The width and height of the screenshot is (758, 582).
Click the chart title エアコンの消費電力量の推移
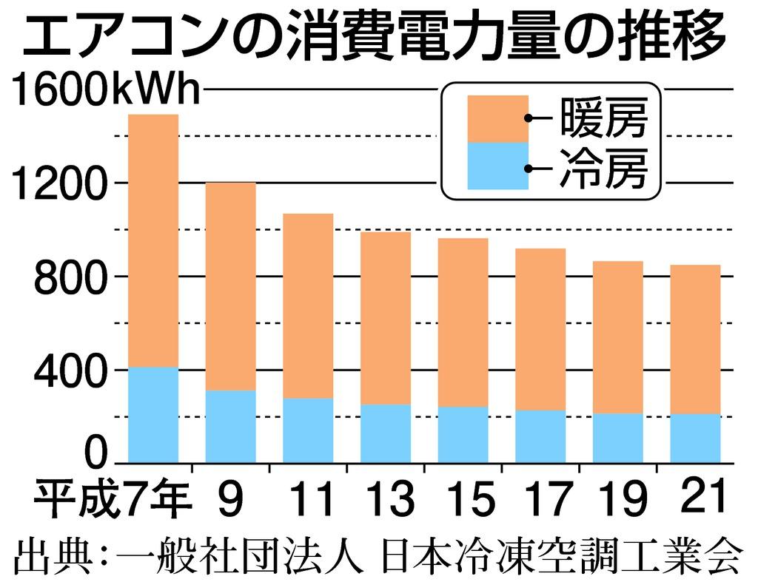tap(373, 37)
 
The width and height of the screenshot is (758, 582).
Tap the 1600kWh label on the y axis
tap(105, 91)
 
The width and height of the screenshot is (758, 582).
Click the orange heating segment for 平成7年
tap(153, 240)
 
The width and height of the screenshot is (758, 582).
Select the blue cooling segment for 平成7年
tap(153, 415)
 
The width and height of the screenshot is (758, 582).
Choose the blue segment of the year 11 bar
tap(308, 430)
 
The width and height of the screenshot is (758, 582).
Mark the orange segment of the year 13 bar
tap(386, 318)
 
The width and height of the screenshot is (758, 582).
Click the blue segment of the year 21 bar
tap(695, 438)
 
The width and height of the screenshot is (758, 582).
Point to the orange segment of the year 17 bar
tap(540, 329)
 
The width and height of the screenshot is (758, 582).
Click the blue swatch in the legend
tap(498, 166)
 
